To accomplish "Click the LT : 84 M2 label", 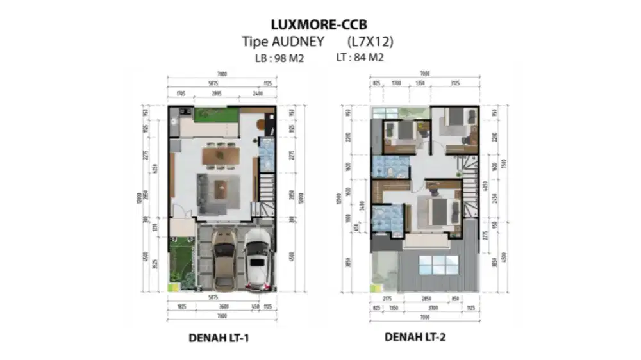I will tap(360, 58).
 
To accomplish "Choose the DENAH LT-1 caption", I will tap(219, 338).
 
